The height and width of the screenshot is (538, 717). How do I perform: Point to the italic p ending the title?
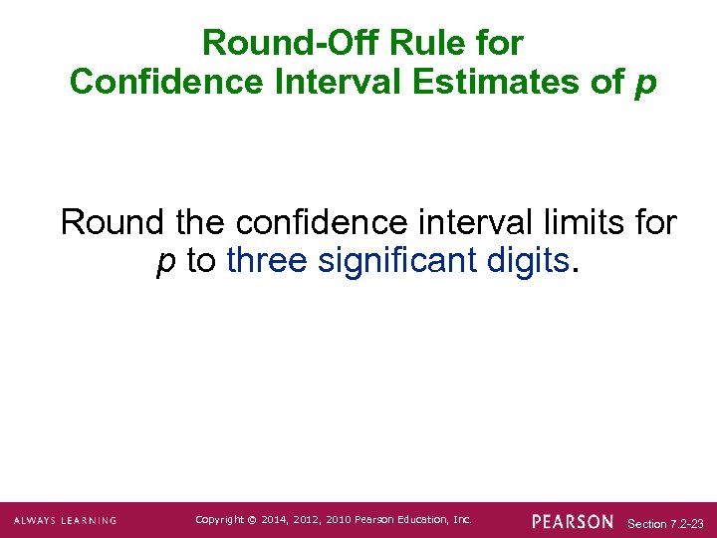pyautogui.click(x=645, y=84)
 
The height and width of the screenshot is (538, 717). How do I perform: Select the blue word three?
pyautogui.click(x=268, y=261)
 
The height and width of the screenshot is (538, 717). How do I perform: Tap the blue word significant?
pyautogui.click(x=399, y=261)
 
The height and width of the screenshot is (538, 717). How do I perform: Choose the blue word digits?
pyautogui.click(x=529, y=261)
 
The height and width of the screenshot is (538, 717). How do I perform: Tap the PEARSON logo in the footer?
pyautogui.click(x=573, y=521)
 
